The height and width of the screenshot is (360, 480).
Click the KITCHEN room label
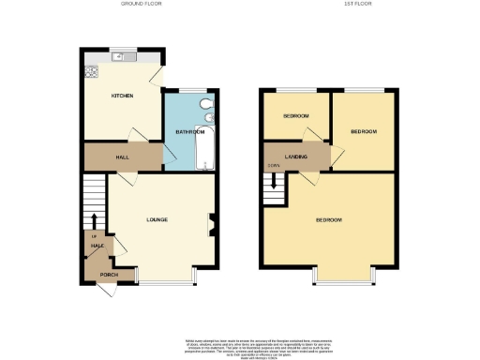(x=122, y=96)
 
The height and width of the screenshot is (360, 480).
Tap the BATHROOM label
(x=190, y=132)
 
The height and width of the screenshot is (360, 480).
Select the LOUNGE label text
(x=157, y=220)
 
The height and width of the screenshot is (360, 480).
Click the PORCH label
(x=109, y=275)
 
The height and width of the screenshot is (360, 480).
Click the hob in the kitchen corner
(x=92, y=70)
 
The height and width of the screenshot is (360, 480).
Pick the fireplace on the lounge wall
(x=211, y=222)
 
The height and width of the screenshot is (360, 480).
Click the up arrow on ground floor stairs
(x=96, y=221)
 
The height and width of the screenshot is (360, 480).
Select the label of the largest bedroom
(x=328, y=220)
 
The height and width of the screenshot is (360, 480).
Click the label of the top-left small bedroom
(x=295, y=116)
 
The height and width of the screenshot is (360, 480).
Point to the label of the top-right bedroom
(x=364, y=132)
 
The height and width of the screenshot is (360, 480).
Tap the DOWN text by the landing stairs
(x=273, y=167)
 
